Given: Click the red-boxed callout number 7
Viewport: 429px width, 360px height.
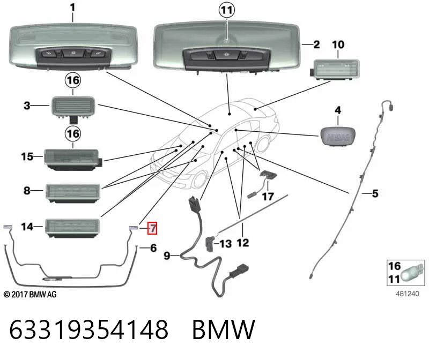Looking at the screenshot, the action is (152, 228).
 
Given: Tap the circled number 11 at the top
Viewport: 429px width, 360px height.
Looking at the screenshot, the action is (227, 10).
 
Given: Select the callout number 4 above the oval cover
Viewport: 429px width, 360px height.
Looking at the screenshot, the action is (338, 110).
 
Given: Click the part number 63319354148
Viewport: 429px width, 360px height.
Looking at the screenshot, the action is (88, 329).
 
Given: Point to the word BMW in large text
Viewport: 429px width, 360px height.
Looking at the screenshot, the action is (224, 329).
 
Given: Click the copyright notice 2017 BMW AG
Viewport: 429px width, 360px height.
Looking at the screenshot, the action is (30, 295).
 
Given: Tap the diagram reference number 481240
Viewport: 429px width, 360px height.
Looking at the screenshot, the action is (408, 294).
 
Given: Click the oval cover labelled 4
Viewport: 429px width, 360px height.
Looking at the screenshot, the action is (338, 136).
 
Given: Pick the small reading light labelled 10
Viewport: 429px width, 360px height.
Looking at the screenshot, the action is (335, 70).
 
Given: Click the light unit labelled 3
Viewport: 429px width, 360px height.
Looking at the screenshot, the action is (73, 108).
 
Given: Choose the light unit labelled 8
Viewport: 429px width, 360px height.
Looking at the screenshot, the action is (73, 193).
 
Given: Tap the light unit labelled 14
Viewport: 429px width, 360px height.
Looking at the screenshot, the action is (72, 228).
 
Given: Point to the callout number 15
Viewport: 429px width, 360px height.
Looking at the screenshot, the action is (27, 156).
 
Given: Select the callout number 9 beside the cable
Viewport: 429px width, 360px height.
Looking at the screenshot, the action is (167, 256).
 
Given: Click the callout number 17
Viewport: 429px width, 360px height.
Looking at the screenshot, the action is (268, 196).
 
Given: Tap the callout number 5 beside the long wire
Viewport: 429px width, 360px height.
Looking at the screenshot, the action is (375, 193).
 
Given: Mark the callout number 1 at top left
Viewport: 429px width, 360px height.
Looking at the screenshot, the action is (72, 7).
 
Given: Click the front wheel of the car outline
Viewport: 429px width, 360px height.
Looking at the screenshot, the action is (200, 179).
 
